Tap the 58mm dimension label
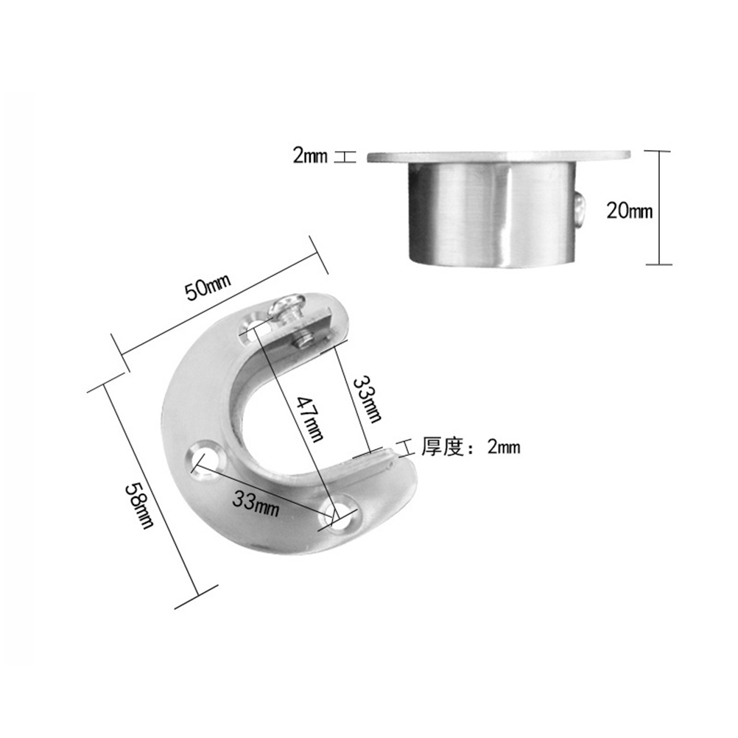point(139,506)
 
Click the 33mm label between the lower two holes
point(256,502)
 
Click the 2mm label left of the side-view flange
point(309,155)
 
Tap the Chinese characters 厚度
point(443,446)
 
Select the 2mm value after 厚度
point(504,446)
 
